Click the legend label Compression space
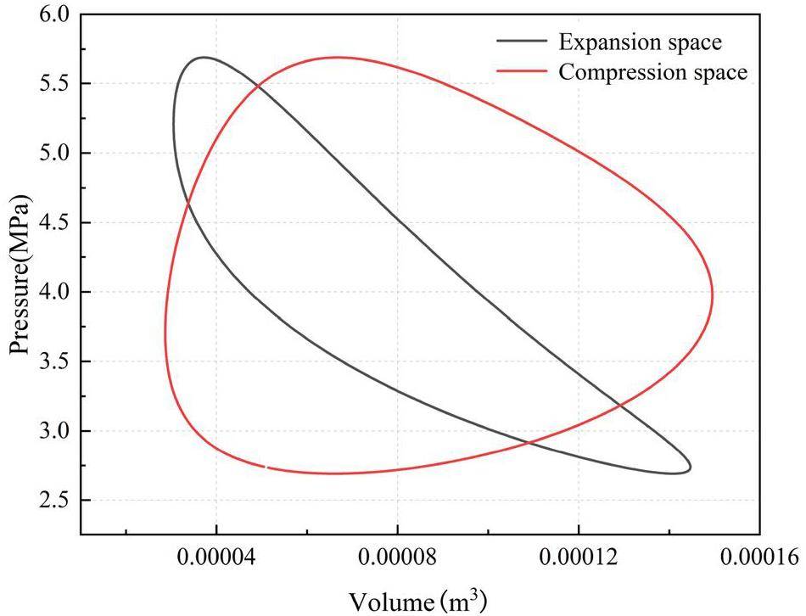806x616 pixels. point(652,72)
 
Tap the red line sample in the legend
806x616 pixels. point(522,72)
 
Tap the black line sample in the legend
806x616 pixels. point(522,41)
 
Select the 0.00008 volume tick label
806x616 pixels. point(398,558)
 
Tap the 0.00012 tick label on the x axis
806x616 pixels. point(579,558)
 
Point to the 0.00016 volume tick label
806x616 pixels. point(758,558)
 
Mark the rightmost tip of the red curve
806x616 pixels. point(713,296)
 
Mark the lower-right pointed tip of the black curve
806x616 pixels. point(691,467)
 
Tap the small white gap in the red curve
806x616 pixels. point(266,466)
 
